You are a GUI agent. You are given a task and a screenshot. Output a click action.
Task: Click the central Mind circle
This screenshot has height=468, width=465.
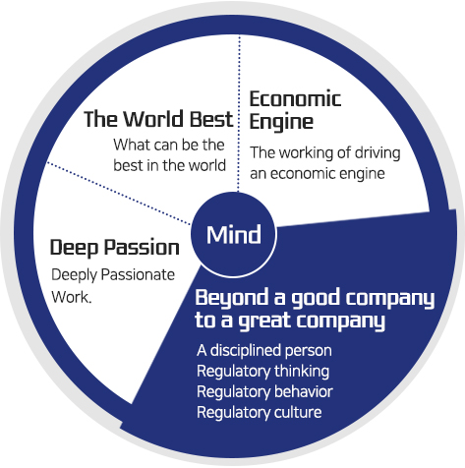click(234, 235)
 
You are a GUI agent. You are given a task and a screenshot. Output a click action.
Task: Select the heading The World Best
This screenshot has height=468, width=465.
click(158, 119)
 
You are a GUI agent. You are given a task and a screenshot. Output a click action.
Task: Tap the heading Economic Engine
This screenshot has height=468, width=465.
click(295, 110)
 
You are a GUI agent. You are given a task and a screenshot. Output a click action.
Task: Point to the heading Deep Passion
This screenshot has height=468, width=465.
click(115, 248)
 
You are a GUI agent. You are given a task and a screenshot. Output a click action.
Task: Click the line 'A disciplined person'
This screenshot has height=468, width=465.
click(264, 350)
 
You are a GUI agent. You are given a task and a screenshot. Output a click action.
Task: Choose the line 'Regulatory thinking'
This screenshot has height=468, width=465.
click(262, 372)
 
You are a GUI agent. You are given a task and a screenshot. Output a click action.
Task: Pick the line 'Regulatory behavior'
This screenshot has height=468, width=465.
click(264, 392)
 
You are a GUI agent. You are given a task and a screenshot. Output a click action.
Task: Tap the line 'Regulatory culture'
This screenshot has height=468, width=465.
click(260, 412)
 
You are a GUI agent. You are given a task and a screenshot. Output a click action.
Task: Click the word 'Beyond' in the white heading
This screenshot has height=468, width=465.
click(232, 299)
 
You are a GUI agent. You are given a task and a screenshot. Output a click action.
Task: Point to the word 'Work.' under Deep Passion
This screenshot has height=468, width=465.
click(72, 297)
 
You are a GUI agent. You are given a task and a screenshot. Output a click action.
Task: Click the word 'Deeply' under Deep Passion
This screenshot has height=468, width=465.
click(75, 275)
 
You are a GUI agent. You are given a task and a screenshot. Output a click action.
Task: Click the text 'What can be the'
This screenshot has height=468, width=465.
click(169, 145)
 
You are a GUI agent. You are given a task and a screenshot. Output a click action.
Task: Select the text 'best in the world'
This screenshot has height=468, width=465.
click(170, 165)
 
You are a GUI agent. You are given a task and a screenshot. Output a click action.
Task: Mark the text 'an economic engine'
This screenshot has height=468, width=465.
click(318, 174)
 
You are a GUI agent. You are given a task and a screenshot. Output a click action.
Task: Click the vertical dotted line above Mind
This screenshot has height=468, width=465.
click(239, 113)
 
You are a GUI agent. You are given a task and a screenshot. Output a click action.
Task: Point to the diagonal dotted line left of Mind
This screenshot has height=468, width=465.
click(119, 194)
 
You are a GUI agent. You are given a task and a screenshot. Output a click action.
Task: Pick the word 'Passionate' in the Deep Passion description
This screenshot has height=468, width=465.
click(138, 274)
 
